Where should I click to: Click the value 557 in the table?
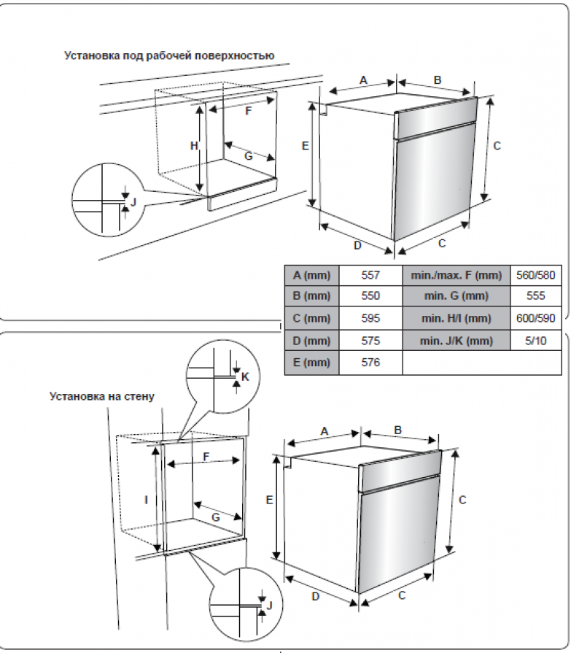click(370, 275)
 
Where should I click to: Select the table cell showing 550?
click(370, 297)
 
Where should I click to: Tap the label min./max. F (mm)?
click(457, 275)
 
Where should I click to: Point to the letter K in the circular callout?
click(245, 376)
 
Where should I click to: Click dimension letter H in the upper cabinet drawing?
click(194, 146)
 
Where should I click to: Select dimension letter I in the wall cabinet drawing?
click(147, 500)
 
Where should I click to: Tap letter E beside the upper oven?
click(306, 146)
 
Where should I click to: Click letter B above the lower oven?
click(398, 430)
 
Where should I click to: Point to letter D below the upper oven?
click(357, 245)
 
